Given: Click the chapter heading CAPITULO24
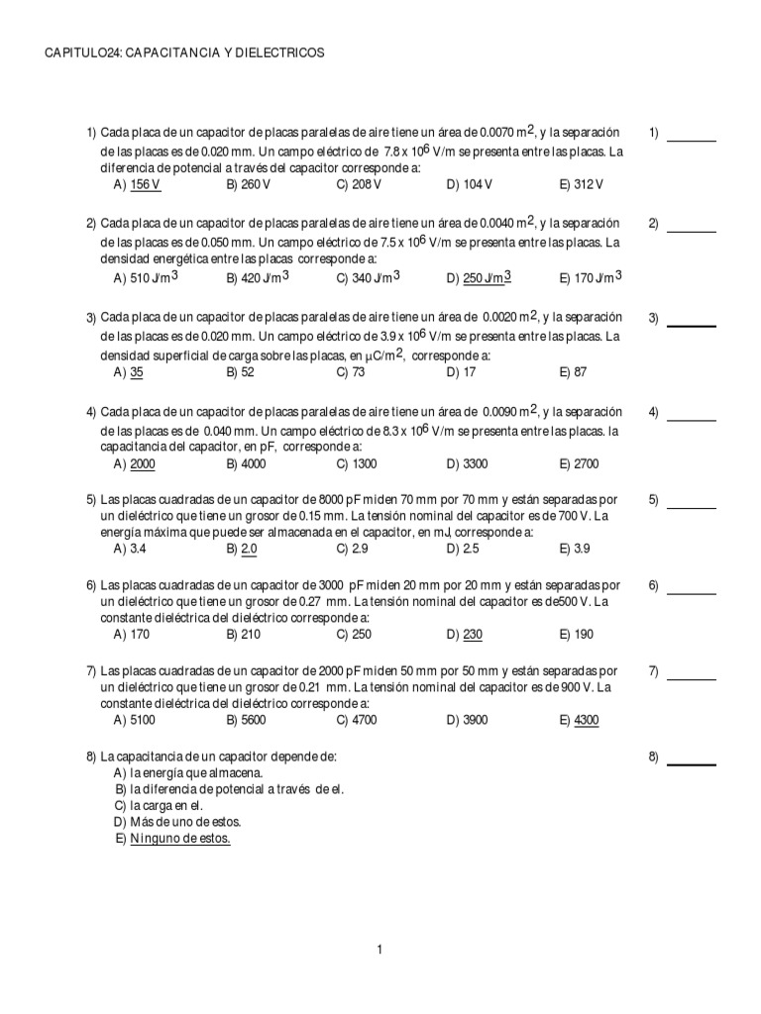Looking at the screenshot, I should [x=184, y=51].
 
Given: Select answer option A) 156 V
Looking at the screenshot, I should [x=137, y=185].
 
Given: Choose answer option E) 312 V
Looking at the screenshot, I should [x=581, y=185].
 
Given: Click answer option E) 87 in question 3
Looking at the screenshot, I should [x=573, y=372].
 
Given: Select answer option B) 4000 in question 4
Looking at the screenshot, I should [x=246, y=463].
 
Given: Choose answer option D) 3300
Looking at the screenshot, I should [x=468, y=463].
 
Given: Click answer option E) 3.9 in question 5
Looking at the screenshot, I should [x=575, y=548].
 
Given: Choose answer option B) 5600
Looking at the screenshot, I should [x=246, y=720].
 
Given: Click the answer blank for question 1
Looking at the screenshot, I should [x=692, y=140].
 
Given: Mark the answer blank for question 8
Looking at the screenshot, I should [x=692, y=763].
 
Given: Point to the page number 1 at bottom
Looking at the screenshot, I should [x=380, y=951].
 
